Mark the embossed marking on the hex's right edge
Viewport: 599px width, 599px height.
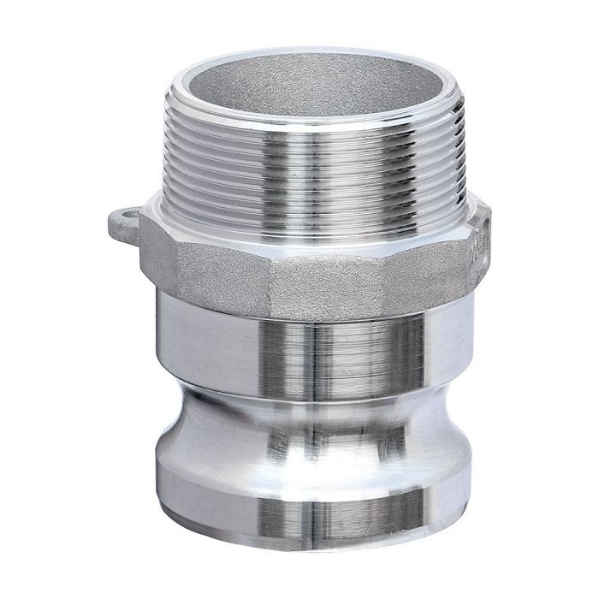[482, 248]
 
